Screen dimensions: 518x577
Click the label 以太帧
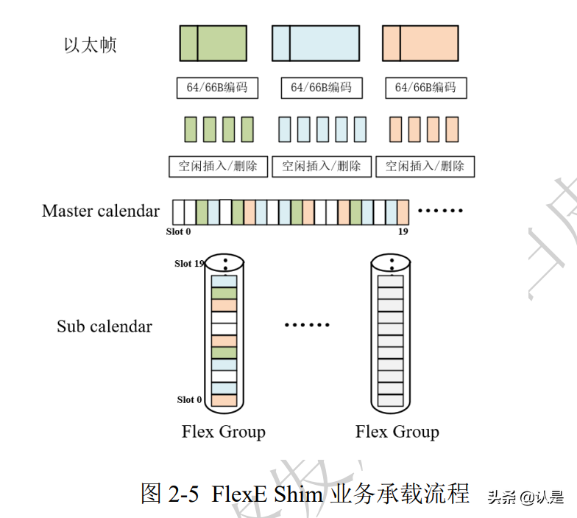point(90,46)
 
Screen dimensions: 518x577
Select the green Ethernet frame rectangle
point(213,43)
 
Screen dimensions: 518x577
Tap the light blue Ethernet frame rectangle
point(315,43)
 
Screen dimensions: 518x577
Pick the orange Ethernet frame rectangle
point(420,43)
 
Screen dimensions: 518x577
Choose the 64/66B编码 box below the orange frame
point(425,88)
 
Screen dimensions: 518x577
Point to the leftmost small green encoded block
point(191,129)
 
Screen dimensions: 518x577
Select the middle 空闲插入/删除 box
point(322,166)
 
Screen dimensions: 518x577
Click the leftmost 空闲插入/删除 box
point(218,166)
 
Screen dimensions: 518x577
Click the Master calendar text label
point(101,211)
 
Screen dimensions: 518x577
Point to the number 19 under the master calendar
point(403,231)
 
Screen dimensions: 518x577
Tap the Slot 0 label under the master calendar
point(178,231)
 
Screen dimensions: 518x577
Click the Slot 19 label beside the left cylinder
point(188,263)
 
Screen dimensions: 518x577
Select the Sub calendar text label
point(105,326)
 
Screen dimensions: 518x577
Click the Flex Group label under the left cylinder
point(223,432)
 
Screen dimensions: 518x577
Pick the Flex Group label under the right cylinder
point(397,432)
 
